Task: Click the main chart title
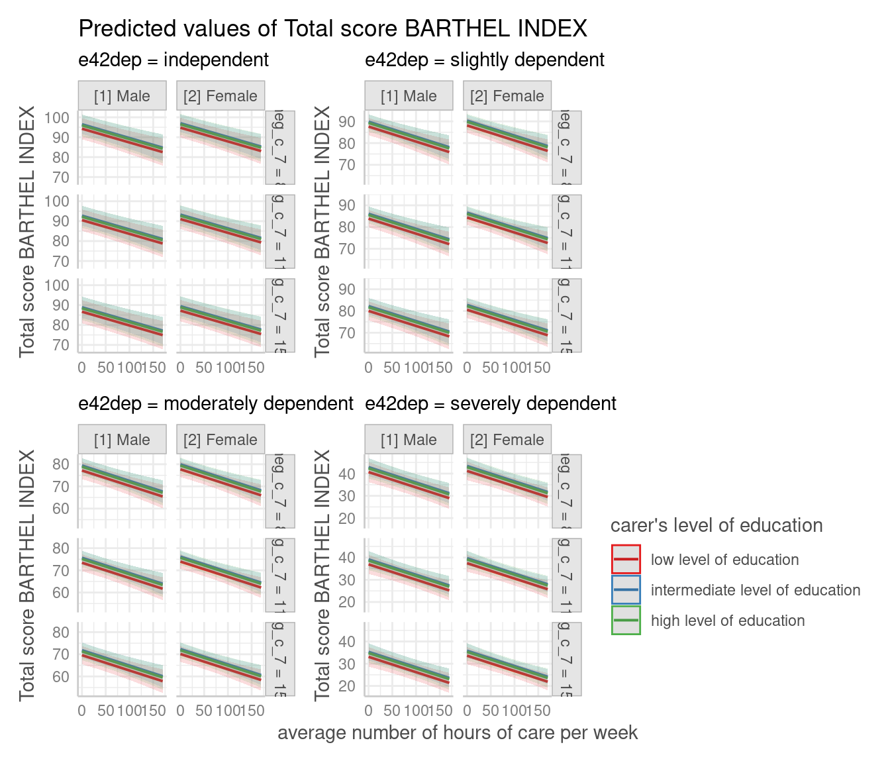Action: point(332,28)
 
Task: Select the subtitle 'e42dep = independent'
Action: point(173,60)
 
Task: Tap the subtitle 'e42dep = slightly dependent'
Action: point(484,60)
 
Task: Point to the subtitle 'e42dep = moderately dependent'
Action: point(216,404)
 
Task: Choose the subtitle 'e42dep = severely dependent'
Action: point(491,404)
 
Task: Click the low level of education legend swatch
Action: point(626,560)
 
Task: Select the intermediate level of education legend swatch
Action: point(626,590)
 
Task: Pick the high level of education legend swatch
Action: point(626,621)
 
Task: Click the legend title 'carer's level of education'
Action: point(717,526)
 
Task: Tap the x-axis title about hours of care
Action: point(458,733)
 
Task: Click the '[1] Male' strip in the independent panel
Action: point(122,96)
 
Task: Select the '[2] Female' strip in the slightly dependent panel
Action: point(507,96)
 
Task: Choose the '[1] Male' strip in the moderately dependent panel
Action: point(122,440)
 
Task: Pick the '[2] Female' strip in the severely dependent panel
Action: point(507,440)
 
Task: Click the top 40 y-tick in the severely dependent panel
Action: point(347,474)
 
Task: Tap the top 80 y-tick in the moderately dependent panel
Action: point(61,465)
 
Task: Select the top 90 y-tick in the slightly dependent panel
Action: point(347,122)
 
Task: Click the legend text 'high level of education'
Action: point(728,621)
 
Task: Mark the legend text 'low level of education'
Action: point(724,560)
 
